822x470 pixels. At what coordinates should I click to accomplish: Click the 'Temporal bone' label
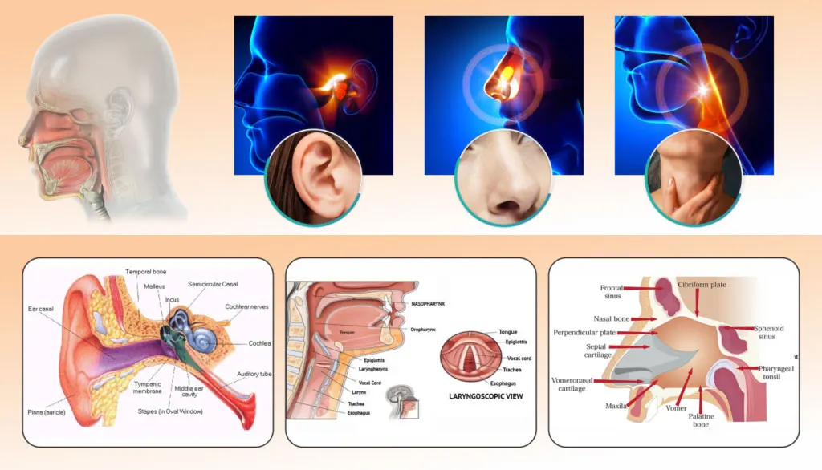147,272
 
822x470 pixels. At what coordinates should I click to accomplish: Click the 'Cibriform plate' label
702,284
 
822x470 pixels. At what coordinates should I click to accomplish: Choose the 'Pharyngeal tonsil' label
767,372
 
